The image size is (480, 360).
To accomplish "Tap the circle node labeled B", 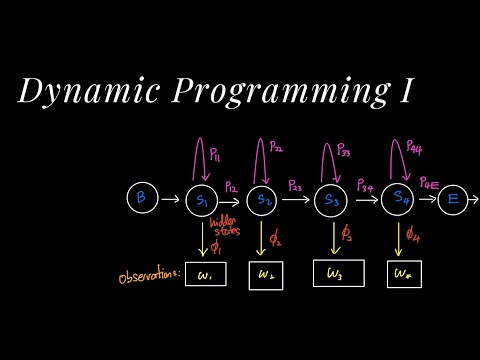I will tap(141, 199).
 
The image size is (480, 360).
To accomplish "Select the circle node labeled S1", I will tap(202, 200).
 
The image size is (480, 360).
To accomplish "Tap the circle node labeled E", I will tap(454, 200).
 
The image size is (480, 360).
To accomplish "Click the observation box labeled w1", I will tap(205, 274).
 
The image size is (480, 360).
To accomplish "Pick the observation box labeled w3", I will tap(334, 273).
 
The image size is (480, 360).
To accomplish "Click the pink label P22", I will tap(277, 151).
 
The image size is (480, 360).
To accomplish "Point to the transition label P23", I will tap(295, 186).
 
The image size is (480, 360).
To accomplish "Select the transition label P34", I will tap(366, 186).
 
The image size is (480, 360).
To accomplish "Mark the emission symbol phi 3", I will tap(346, 236).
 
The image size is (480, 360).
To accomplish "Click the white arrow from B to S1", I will tap(170, 200).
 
